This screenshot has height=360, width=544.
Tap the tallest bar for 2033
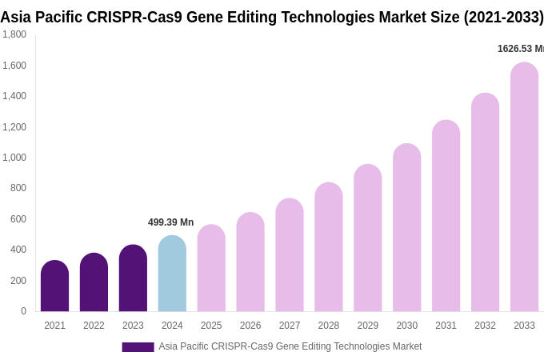[524, 187]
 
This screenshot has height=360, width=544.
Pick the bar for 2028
[329, 247]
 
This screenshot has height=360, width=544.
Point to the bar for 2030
[406, 228]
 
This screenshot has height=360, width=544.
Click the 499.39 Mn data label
[170, 222]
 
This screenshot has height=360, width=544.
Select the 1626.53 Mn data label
[521, 49]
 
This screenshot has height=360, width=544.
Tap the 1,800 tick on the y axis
[14, 34]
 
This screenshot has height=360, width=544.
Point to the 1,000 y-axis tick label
[14, 158]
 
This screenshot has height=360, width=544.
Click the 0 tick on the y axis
[23, 311]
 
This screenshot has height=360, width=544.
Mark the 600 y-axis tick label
[18, 219]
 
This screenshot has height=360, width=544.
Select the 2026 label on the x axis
[250, 326]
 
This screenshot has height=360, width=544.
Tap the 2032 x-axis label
[485, 326]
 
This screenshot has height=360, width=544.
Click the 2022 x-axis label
[94, 326]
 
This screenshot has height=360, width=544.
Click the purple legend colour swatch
[138, 347]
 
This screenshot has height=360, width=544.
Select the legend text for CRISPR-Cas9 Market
[290, 346]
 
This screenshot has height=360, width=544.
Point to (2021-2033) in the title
[503, 17]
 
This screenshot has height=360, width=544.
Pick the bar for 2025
[211, 268]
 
